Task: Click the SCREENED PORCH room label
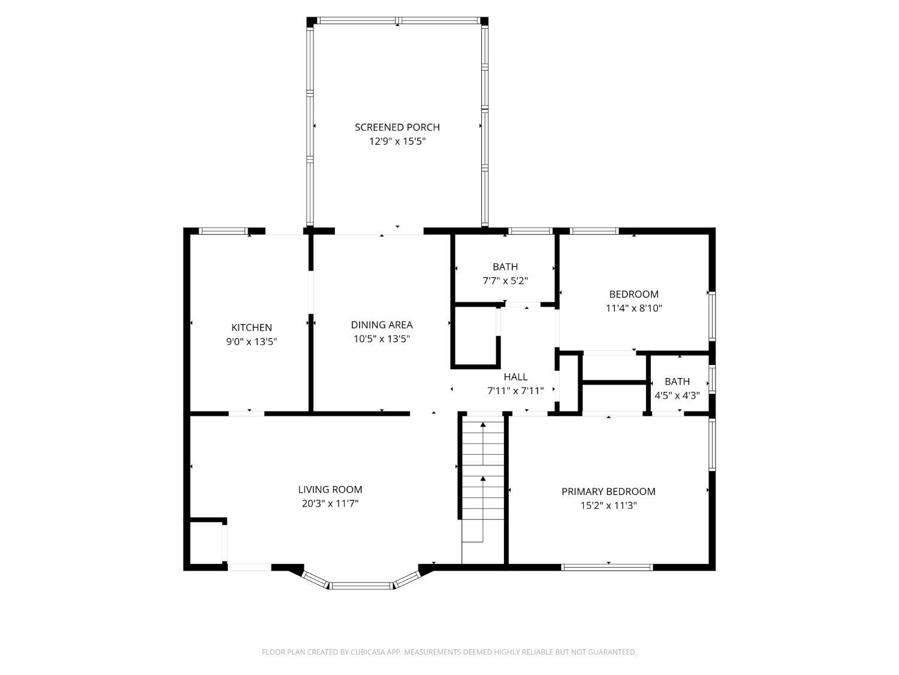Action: [x=397, y=127]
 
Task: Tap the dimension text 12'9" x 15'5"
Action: [x=397, y=142]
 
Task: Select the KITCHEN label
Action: [x=252, y=328]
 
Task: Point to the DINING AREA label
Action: [x=382, y=325]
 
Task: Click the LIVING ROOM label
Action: [x=330, y=490]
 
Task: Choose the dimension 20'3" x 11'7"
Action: [x=330, y=503]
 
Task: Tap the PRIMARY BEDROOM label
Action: [x=608, y=491]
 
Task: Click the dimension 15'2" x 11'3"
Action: [x=608, y=505]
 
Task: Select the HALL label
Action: [x=515, y=377]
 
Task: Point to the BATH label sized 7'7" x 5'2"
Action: [x=505, y=267]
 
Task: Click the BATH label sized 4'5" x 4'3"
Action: [x=677, y=382]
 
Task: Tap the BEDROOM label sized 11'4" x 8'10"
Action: [x=633, y=294]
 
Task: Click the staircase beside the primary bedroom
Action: [x=483, y=490]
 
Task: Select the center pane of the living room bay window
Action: [x=361, y=586]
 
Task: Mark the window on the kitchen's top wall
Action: [x=224, y=231]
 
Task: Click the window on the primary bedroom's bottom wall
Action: [x=607, y=568]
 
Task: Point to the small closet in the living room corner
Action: [x=206, y=543]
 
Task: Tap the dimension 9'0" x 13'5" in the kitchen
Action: [x=252, y=341]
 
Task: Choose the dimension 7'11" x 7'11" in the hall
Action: [x=515, y=391]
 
